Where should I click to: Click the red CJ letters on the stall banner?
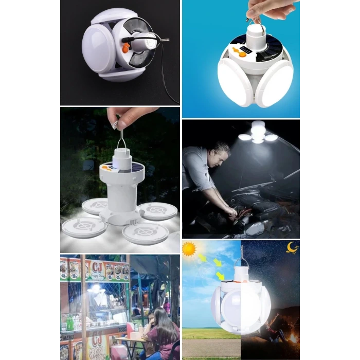[98, 266]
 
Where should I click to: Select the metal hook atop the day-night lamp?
[242, 255]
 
